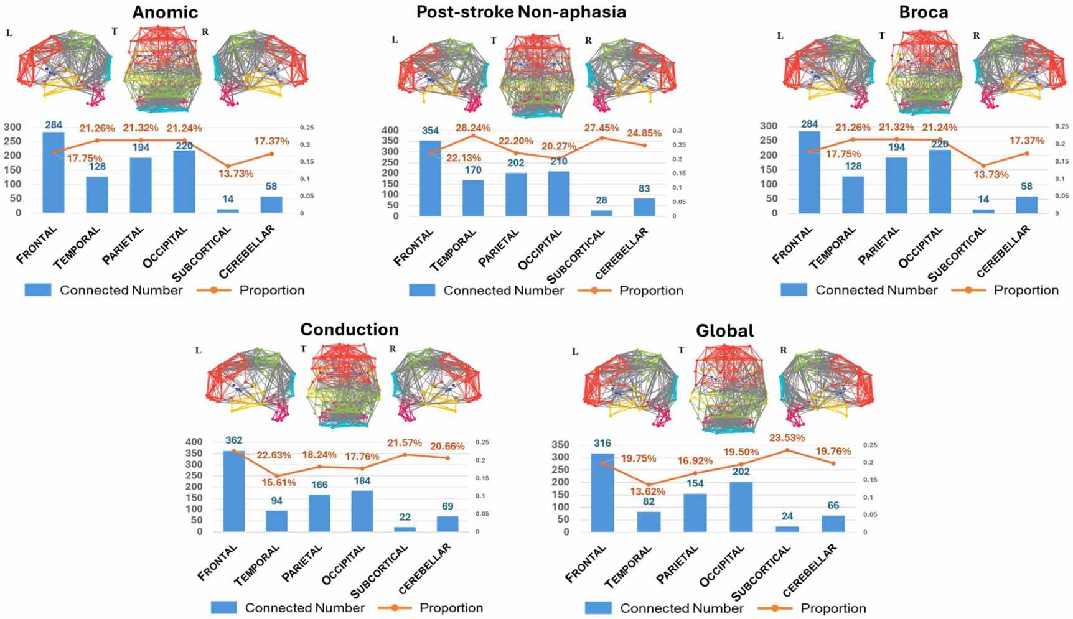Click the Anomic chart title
164,12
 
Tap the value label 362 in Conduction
233,440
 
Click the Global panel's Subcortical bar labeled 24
787,529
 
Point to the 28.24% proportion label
472,128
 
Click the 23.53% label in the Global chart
787,437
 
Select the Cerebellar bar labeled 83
644,207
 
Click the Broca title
923,12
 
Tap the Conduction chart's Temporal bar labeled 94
276,521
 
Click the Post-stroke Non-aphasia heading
521,12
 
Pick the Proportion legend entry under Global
832,608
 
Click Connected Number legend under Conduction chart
304,607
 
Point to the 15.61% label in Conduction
278,482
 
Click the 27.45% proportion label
601,128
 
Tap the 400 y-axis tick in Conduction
194,442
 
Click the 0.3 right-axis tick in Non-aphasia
677,131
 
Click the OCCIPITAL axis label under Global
722,566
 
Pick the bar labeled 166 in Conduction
319,513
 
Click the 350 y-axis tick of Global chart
560,444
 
